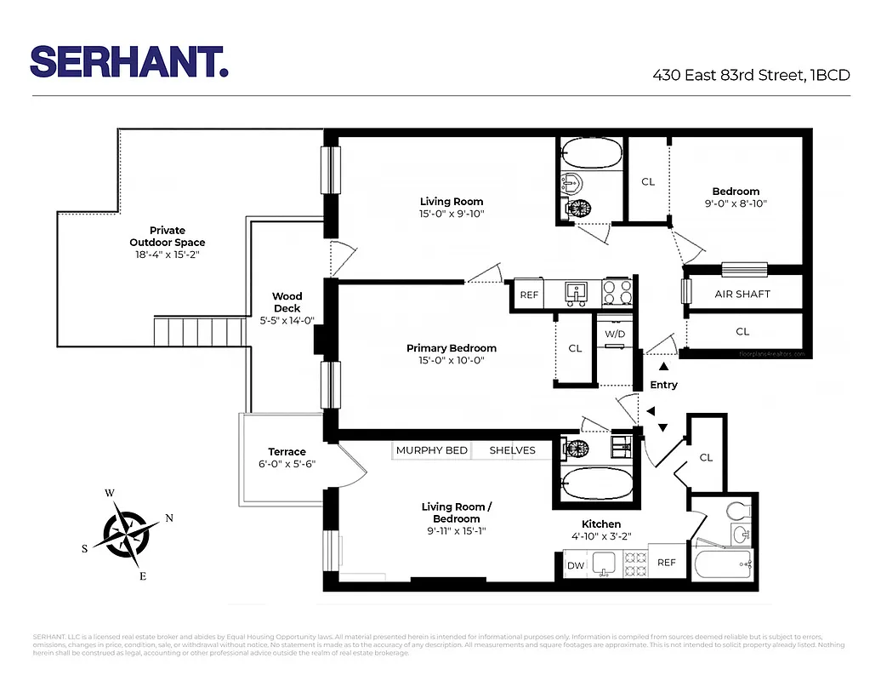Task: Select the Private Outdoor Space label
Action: click(167, 242)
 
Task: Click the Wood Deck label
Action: click(287, 302)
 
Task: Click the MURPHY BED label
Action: click(432, 450)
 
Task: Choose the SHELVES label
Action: click(512, 450)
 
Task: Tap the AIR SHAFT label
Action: click(742, 294)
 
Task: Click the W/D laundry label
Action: click(615, 335)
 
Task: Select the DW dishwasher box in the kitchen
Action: click(575, 564)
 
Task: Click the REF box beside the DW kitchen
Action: click(667, 563)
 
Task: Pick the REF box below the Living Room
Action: click(529, 295)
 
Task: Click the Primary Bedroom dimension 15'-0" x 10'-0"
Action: click(451, 360)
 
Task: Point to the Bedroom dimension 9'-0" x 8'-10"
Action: click(736, 203)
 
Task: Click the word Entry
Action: click(663, 385)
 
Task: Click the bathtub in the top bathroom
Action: click(591, 155)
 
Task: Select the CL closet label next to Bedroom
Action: click(648, 181)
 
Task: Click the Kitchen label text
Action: click(600, 524)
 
